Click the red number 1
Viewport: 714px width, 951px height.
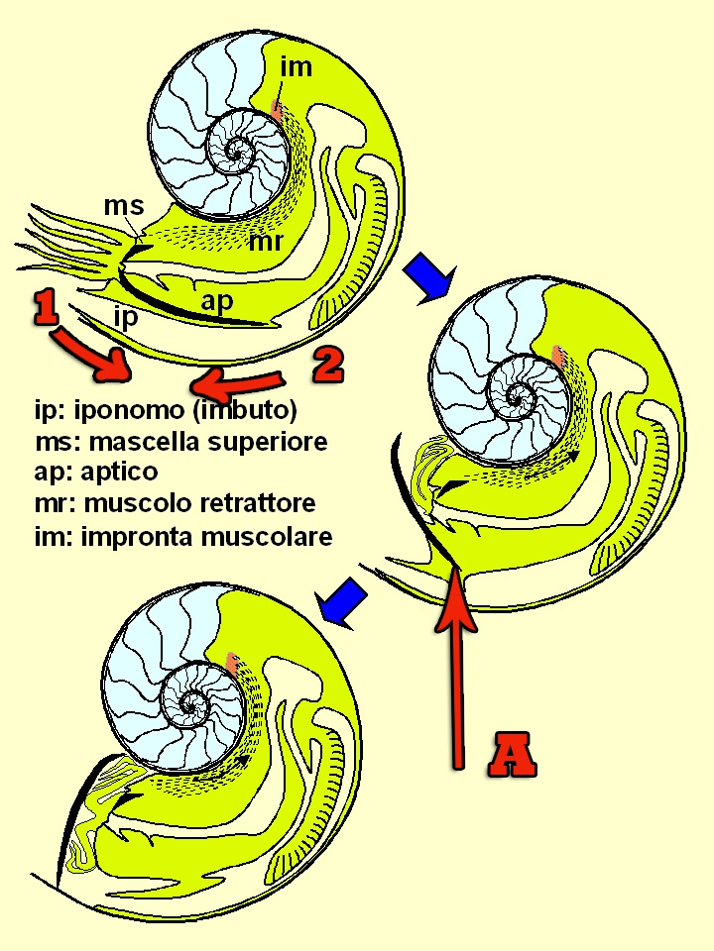point(44,309)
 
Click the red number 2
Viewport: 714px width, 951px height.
point(327,364)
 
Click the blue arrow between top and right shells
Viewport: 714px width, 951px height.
point(428,273)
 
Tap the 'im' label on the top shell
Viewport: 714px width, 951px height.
point(296,66)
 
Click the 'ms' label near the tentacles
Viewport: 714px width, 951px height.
point(124,207)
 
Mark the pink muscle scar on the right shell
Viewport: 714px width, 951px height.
point(557,355)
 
